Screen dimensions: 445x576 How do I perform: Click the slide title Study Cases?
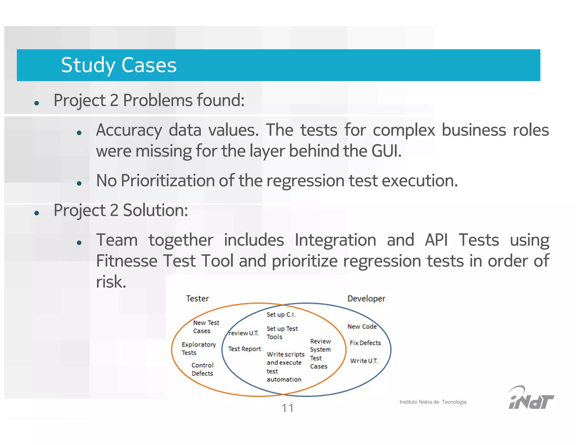click(119, 65)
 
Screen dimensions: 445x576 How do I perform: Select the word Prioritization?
click(168, 181)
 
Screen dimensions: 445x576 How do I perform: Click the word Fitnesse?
click(126, 261)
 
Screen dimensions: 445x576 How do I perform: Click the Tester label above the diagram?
click(197, 298)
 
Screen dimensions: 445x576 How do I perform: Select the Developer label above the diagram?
click(366, 298)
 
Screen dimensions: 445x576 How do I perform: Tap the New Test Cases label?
click(206, 327)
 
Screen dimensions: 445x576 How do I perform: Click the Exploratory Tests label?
click(198, 349)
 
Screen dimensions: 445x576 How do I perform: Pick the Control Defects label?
click(202, 369)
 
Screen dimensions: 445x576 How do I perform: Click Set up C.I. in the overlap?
click(281, 315)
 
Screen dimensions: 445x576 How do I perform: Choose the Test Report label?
click(244, 349)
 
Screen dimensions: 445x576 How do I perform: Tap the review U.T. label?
click(244, 333)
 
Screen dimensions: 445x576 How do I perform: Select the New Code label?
click(362, 327)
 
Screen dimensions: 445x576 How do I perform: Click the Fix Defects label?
click(365, 343)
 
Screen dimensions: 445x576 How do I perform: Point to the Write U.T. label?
click(364, 361)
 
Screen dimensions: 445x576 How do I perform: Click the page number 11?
click(287, 408)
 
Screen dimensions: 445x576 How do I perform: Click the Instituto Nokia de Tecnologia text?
click(433, 402)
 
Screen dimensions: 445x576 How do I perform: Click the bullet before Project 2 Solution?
click(36, 213)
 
